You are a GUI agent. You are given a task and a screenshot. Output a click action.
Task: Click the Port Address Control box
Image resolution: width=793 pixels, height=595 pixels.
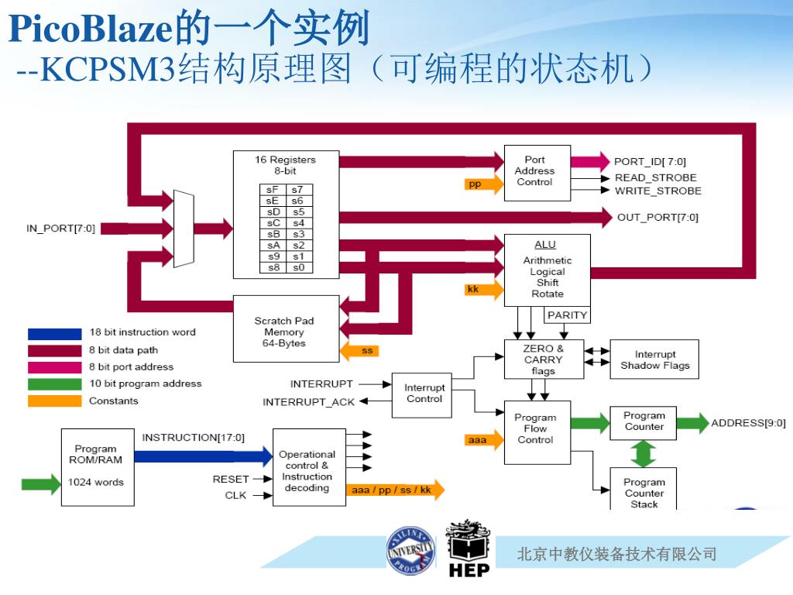tap(537, 173)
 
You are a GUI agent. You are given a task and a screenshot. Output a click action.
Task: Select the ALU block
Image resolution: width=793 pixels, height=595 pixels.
tap(548, 270)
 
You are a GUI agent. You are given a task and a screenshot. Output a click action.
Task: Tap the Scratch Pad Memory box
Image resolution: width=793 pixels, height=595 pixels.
tap(286, 328)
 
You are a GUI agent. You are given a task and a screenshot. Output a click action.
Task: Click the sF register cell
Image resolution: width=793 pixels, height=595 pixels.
tap(273, 190)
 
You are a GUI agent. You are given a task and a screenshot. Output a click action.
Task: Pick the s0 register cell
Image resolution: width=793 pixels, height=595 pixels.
tap(300, 267)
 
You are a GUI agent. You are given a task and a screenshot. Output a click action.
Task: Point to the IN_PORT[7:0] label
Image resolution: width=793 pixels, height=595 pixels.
tap(60, 229)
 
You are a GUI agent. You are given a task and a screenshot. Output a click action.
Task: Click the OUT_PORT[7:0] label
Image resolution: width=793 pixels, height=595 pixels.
tap(657, 218)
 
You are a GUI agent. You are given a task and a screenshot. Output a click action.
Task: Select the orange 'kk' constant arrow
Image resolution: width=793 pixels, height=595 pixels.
tap(484, 290)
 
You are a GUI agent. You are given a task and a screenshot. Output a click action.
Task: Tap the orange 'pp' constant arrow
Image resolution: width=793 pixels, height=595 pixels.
tap(484, 184)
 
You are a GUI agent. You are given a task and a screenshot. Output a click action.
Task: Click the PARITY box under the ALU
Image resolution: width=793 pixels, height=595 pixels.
tap(567, 315)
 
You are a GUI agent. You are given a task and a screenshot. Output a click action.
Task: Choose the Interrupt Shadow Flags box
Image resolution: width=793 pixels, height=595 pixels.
tap(654, 359)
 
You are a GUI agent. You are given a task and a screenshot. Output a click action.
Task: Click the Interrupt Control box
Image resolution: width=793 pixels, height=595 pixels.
tap(422, 395)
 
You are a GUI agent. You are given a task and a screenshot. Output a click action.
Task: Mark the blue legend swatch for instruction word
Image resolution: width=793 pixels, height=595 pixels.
tap(55, 334)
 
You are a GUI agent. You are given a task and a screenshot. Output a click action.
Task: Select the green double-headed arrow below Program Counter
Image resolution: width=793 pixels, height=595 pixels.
tap(644, 454)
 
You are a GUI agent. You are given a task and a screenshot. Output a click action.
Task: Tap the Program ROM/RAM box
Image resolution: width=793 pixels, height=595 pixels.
tap(98, 467)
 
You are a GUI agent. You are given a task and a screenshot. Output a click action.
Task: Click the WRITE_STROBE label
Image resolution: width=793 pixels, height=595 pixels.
tap(658, 191)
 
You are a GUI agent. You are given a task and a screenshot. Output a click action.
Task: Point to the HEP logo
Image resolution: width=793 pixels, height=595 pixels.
tap(469, 549)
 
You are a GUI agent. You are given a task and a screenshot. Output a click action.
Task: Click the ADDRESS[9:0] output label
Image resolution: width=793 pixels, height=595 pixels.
tap(749, 423)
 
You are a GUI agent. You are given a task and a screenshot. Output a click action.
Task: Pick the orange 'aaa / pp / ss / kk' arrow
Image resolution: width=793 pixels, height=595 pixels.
tap(395, 490)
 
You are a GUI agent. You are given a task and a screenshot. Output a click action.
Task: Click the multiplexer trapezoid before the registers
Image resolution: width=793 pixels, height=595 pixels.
tap(184, 229)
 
